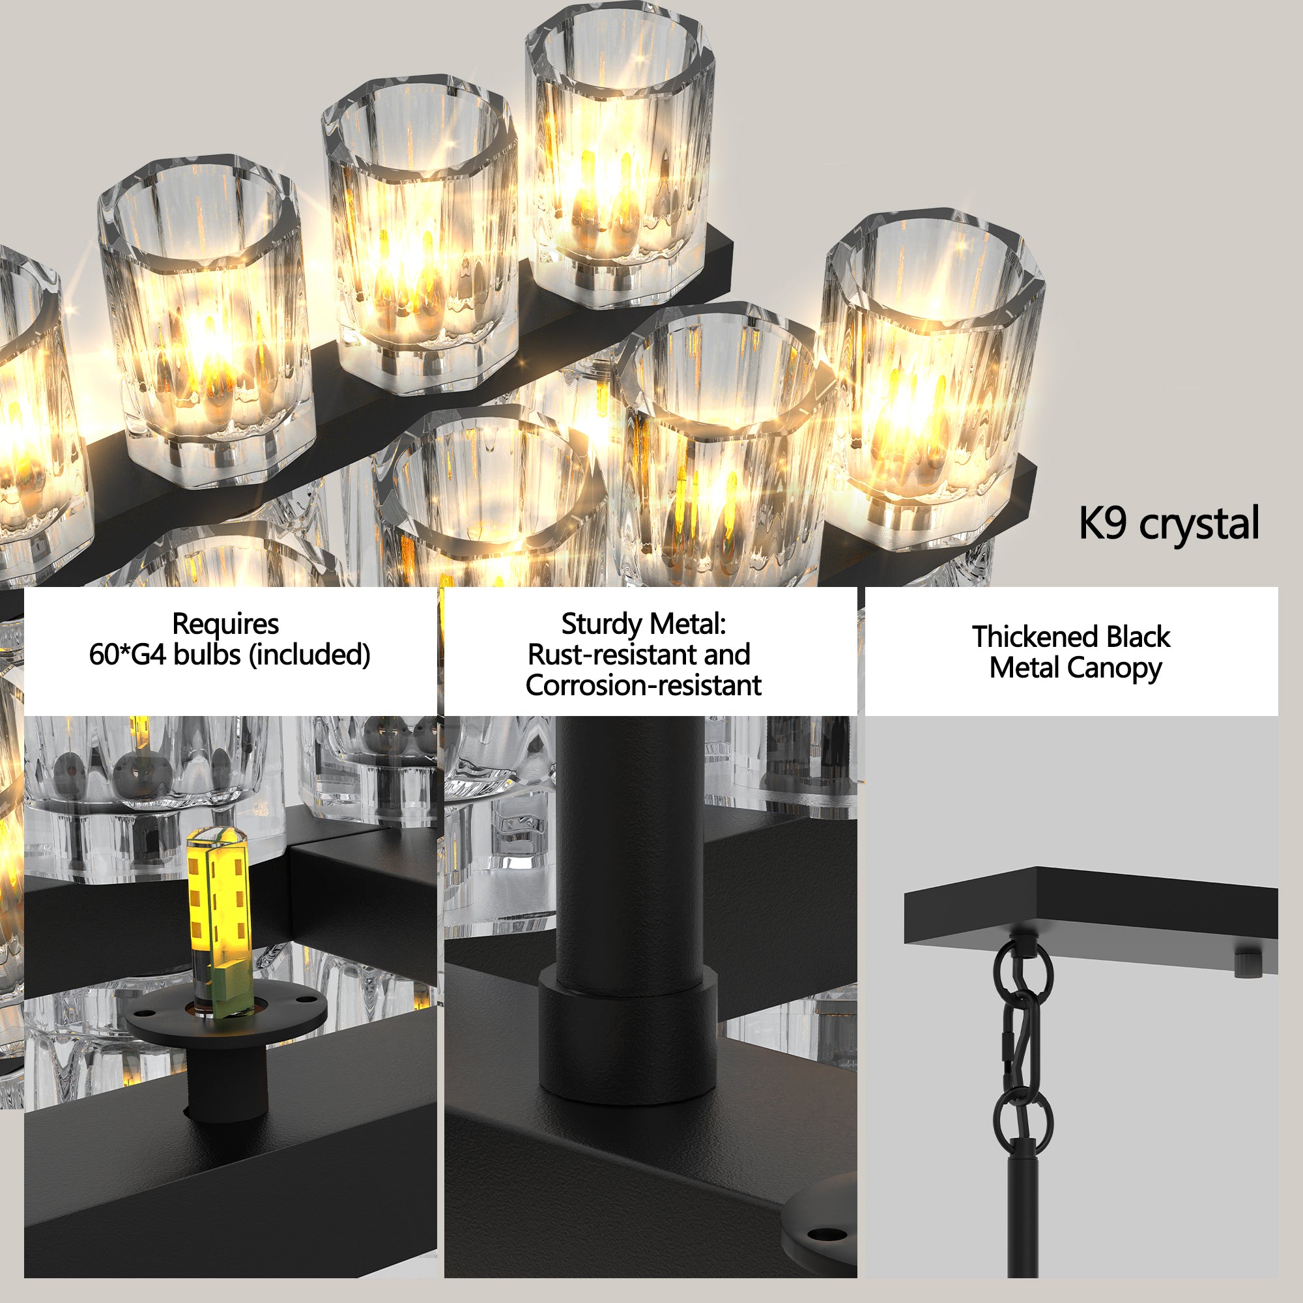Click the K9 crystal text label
tap(1168, 523)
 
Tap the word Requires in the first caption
tap(225, 623)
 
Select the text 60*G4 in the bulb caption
tap(127, 655)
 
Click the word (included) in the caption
tap(309, 655)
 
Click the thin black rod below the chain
tap(1022, 1214)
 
